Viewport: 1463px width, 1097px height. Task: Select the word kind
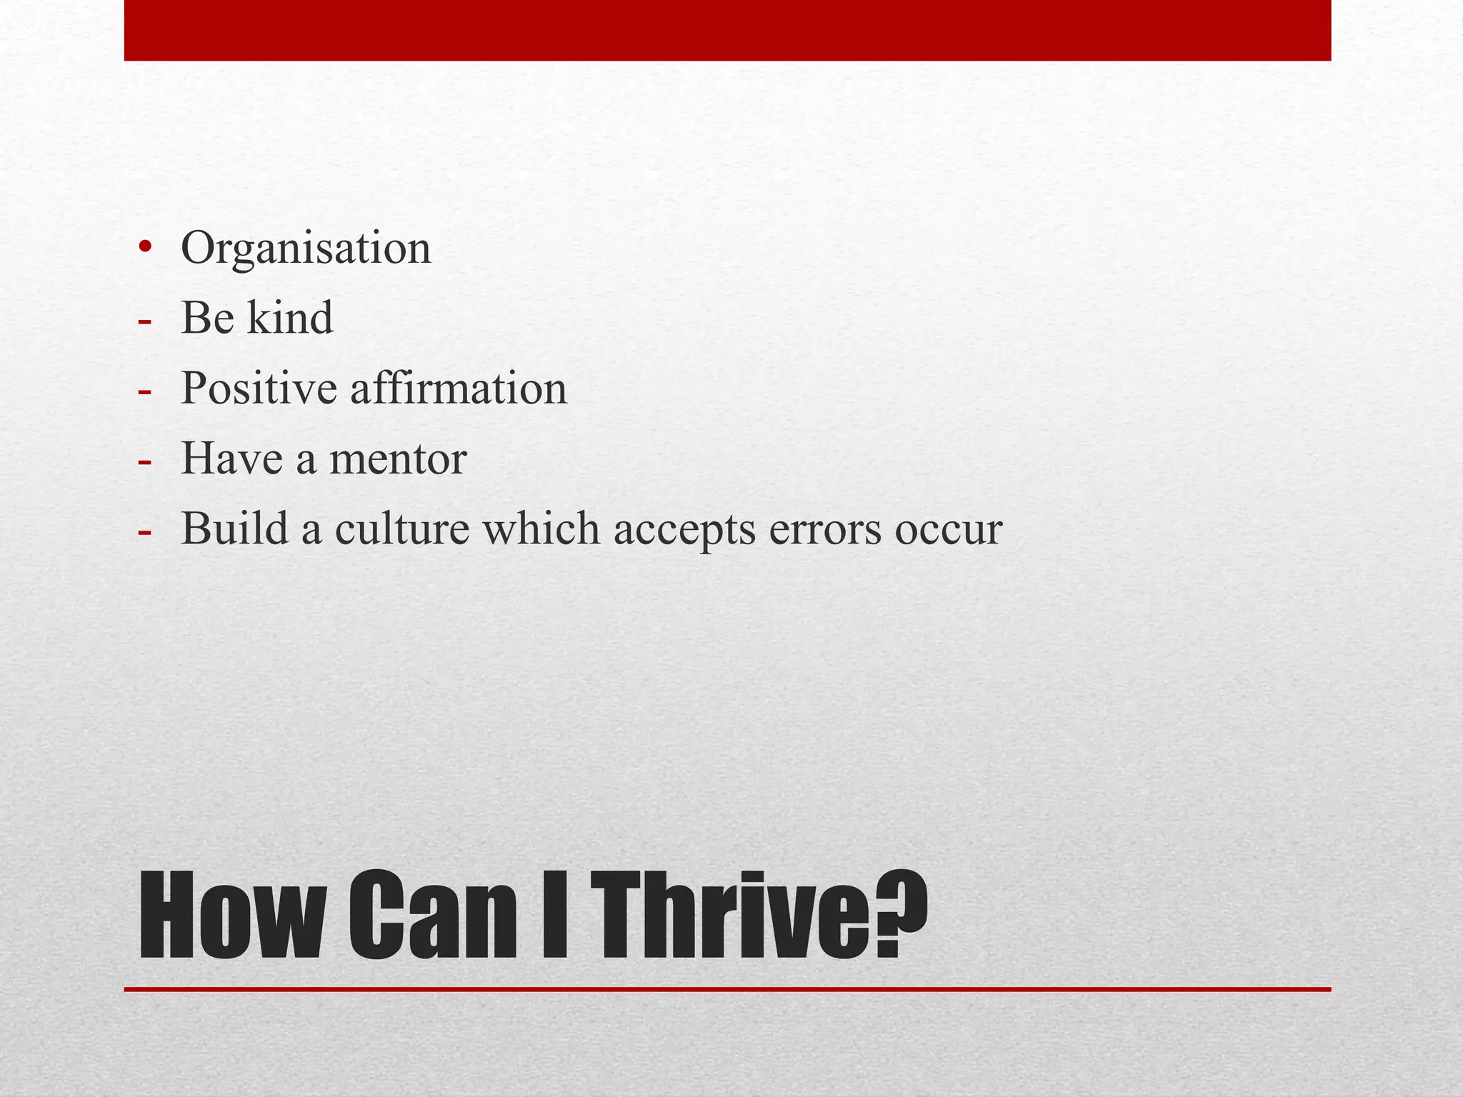point(290,318)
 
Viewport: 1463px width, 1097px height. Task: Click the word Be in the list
point(207,318)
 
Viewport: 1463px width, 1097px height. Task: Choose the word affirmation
point(459,389)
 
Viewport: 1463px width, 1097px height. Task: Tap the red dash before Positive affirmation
point(144,391)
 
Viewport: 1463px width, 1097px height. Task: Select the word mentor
point(398,459)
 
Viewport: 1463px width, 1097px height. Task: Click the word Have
point(231,459)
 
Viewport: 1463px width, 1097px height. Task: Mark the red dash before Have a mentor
point(144,461)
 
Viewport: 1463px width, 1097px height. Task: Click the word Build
point(234,529)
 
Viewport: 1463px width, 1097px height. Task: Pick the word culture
point(402,529)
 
